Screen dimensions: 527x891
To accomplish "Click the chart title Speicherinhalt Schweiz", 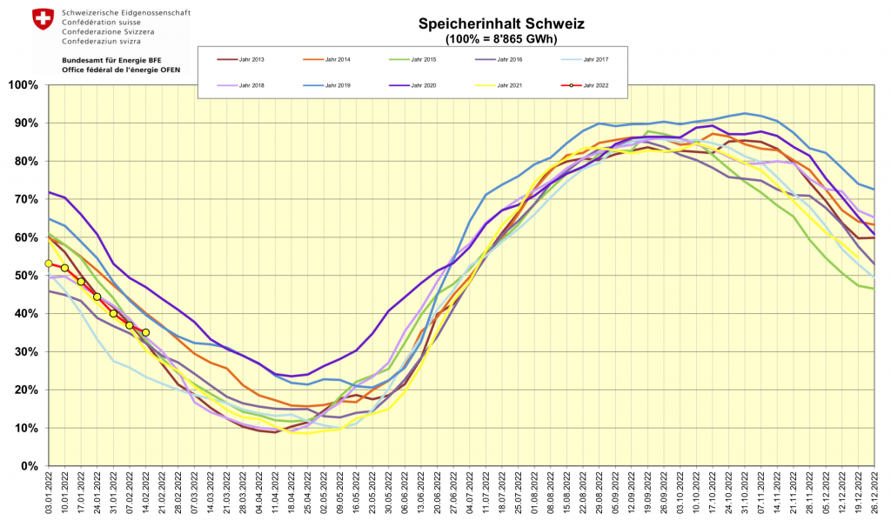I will pyautogui.click(x=500, y=24).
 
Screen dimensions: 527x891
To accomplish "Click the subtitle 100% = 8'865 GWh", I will pyautogui.click(x=500, y=38).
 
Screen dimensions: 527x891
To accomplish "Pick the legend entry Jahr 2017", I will pyautogui.click(x=593, y=59).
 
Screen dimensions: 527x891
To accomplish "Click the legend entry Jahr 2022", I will pyautogui.click(x=593, y=85).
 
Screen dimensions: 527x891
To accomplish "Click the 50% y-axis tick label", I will pyautogui.click(x=23, y=276).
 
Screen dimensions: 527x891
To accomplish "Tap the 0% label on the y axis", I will pyautogui.click(x=27, y=466).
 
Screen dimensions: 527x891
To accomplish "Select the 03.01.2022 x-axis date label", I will pyautogui.click(x=49, y=496).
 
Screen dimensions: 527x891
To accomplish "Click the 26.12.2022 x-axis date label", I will pyautogui.click(x=874, y=496).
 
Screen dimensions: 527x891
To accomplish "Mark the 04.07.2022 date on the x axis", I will pyautogui.click(x=471, y=496).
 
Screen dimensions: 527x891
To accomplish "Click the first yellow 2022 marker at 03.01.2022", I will pyautogui.click(x=49, y=263).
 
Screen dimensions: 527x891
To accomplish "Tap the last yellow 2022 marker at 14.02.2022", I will pyautogui.click(x=146, y=332).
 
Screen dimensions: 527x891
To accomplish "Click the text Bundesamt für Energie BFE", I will pyautogui.click(x=113, y=61).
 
